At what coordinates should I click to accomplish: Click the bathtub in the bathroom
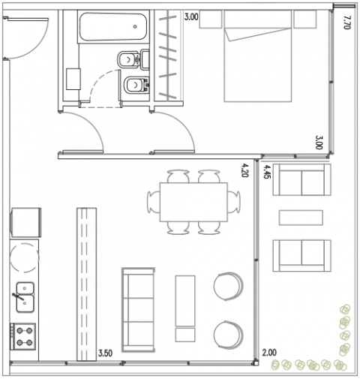113,27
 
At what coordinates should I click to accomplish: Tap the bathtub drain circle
135,26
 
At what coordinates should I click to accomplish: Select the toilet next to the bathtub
133,59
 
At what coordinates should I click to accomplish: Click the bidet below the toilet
136,85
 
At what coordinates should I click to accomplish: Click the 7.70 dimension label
346,23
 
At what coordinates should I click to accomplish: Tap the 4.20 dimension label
244,170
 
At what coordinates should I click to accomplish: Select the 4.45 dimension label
267,172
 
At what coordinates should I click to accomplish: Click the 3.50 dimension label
105,353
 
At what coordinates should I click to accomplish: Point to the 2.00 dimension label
269,353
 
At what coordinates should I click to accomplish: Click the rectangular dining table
193,202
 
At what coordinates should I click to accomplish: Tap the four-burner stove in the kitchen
22,336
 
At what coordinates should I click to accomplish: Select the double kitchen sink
25,297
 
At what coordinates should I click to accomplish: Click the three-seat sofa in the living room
138,310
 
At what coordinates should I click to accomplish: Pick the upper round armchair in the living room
228,287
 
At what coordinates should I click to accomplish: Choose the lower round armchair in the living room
228,335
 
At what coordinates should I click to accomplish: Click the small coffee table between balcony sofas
301,218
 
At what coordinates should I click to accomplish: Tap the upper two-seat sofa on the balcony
301,179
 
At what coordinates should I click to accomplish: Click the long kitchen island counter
86,284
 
